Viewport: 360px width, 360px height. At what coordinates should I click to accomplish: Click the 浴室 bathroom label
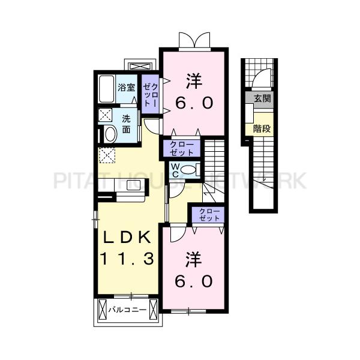(x=126, y=88)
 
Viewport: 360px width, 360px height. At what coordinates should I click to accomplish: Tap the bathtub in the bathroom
(x=107, y=89)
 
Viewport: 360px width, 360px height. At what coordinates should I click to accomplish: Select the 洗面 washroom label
(x=126, y=124)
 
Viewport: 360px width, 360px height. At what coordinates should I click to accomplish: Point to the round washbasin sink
(x=110, y=134)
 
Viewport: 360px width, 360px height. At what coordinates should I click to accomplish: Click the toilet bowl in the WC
(x=188, y=170)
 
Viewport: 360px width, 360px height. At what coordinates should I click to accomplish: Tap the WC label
(x=175, y=170)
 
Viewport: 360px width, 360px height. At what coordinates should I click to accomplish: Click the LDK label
(x=127, y=238)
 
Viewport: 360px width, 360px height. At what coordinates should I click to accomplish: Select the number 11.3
(x=127, y=259)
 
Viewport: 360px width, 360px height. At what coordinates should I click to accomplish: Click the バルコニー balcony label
(x=127, y=310)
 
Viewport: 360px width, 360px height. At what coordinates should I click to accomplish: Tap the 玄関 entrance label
(x=262, y=99)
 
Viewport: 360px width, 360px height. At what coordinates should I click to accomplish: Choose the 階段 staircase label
(x=262, y=129)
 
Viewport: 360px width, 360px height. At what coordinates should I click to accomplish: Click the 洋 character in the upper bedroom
(x=194, y=81)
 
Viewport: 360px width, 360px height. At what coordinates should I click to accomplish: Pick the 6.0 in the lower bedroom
(x=194, y=281)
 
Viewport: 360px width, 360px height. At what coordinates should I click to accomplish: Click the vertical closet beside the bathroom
(x=150, y=94)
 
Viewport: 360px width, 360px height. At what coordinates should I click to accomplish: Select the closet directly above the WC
(x=182, y=148)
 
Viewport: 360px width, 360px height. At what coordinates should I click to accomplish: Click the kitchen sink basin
(x=134, y=185)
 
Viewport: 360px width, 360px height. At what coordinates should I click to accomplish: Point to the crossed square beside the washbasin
(x=105, y=115)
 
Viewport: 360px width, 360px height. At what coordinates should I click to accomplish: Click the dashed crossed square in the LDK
(x=107, y=155)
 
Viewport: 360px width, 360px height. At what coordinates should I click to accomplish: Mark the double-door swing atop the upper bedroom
(x=194, y=40)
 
